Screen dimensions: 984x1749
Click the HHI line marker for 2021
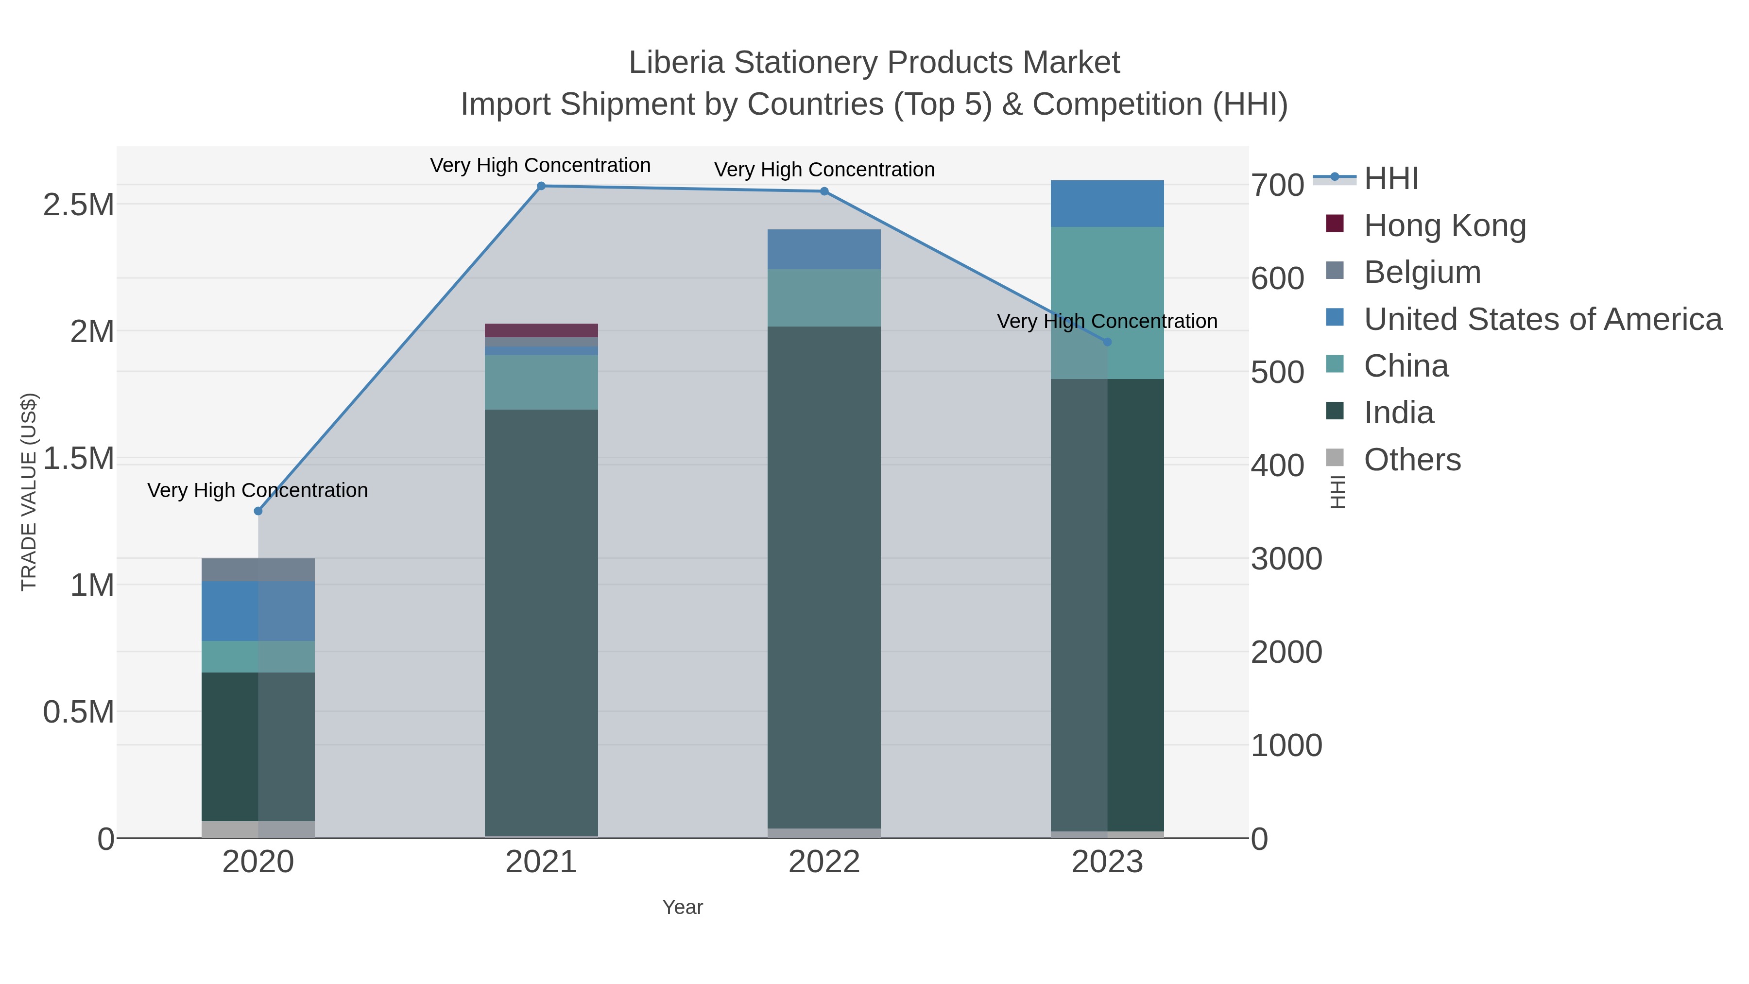541,186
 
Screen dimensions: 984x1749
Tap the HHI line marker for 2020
258,511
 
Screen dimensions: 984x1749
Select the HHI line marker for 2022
824,191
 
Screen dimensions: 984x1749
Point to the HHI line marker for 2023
1107,342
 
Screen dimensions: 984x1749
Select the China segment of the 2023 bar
1107,303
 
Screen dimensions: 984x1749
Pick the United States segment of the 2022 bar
824,249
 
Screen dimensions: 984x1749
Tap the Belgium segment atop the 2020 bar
258,570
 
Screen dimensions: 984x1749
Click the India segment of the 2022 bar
824,577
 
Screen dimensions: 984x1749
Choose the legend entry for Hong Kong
1444,225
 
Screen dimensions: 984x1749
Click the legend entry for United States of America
1542,319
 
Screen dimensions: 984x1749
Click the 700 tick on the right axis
1278,186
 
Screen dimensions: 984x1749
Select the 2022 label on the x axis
824,863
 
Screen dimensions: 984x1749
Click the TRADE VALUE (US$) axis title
29,492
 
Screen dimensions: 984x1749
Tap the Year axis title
683,907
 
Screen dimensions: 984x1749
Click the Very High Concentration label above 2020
258,490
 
